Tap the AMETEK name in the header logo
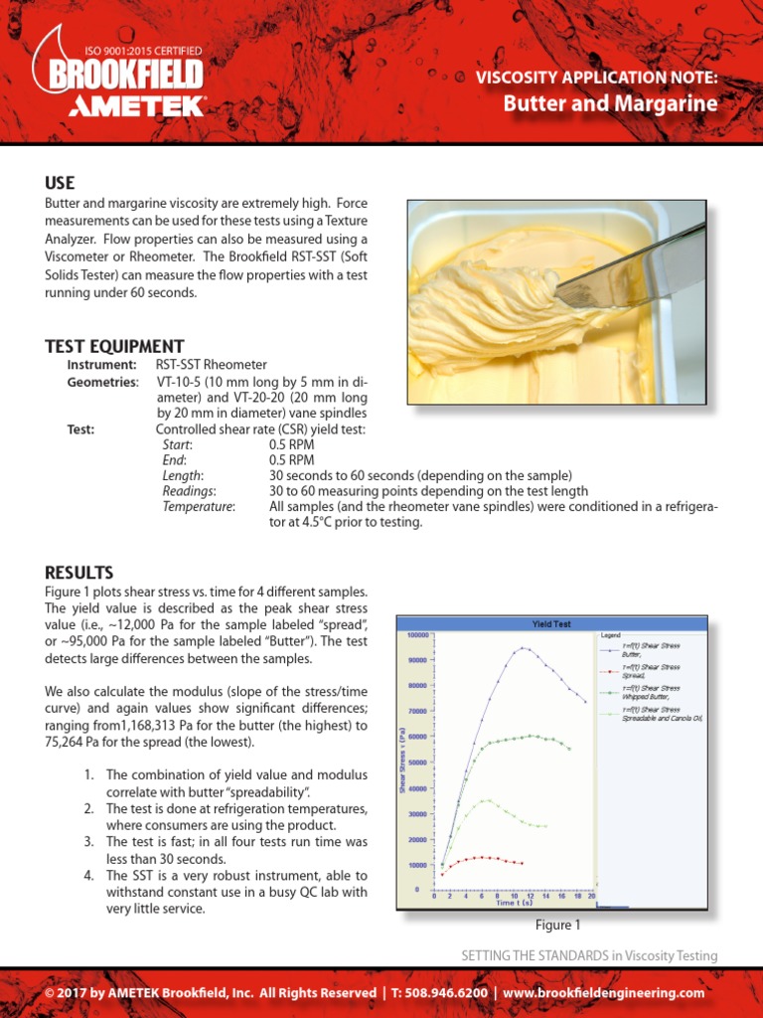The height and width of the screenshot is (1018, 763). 136,106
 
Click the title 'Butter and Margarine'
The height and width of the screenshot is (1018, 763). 610,103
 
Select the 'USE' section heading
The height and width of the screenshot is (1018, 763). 60,183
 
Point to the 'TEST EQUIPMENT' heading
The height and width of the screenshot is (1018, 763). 114,346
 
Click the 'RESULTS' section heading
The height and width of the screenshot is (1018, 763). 78,572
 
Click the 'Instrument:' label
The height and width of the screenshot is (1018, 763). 101,366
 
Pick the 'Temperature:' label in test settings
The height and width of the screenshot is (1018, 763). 199,506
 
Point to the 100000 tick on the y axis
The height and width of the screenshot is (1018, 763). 415,633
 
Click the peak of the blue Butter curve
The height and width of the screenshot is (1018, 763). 521,648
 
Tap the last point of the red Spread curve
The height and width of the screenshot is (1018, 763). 522,863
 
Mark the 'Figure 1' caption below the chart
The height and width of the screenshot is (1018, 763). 557,926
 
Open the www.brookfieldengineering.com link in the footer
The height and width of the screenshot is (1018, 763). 603,992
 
